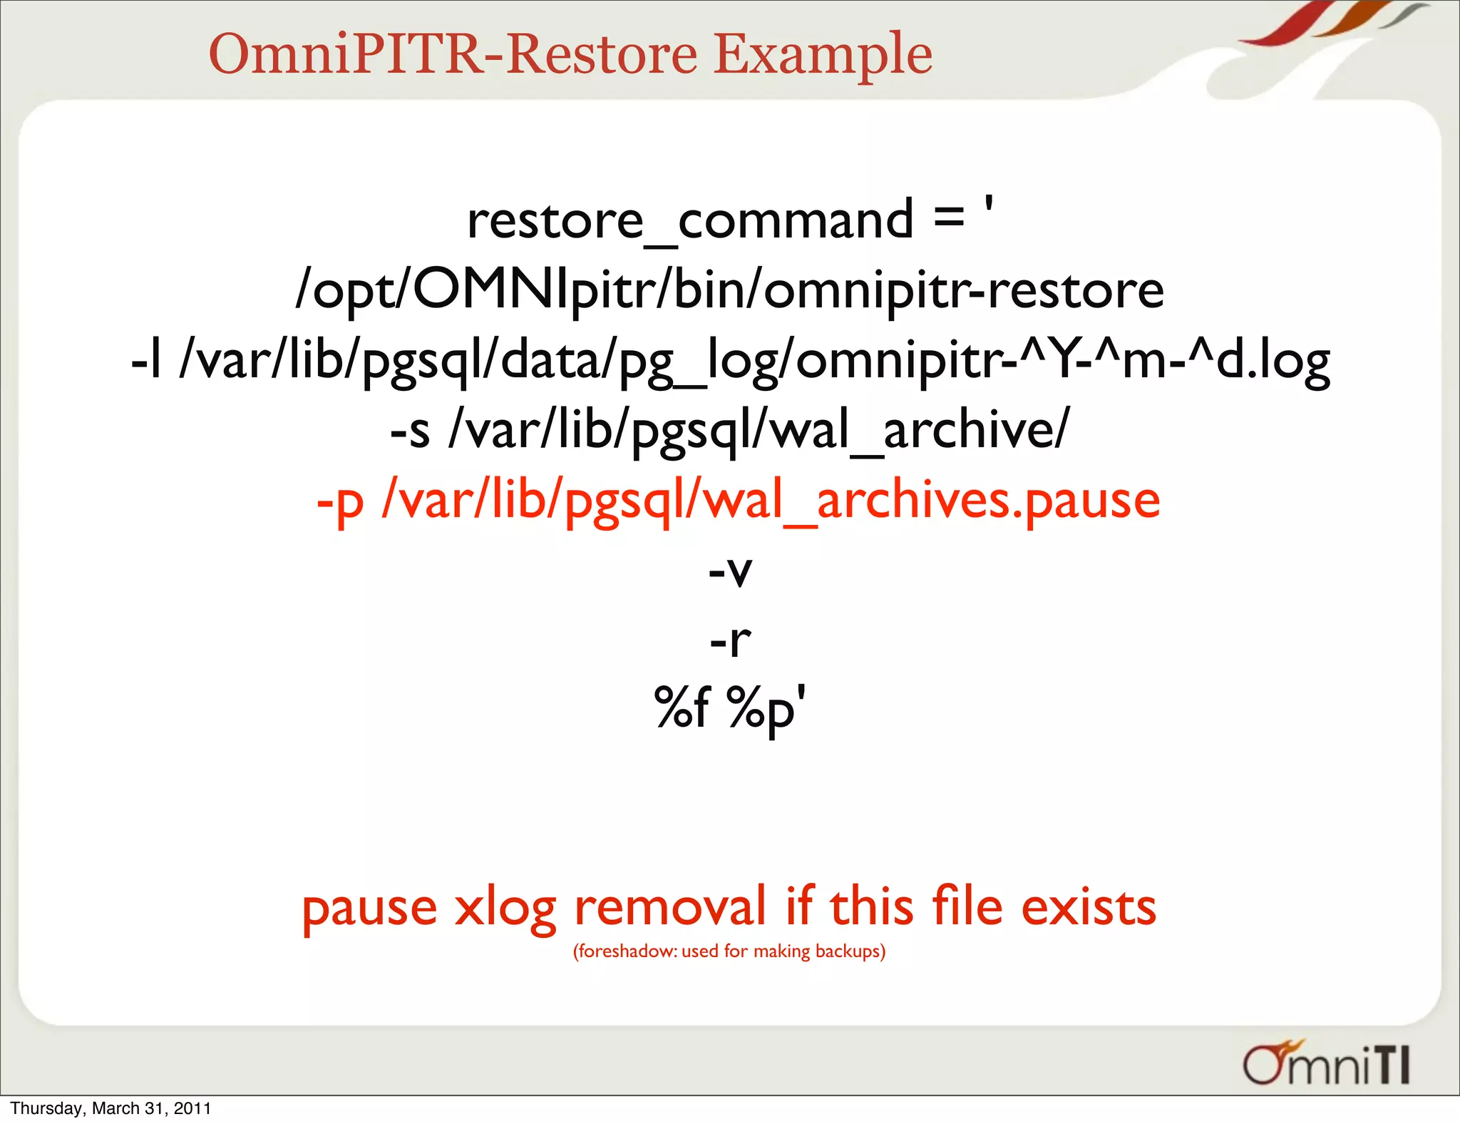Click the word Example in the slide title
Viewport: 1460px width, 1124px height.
(823, 55)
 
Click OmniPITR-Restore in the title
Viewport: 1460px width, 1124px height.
(453, 55)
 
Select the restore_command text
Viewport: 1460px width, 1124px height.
(689, 220)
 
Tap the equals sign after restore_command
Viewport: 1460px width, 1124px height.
(949, 218)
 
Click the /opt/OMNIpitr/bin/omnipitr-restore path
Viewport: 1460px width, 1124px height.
(729, 290)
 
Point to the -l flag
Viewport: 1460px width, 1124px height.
(147, 360)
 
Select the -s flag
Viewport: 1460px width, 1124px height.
(410, 430)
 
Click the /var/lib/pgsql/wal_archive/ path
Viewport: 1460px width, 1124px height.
(759, 430)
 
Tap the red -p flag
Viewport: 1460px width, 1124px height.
(340, 501)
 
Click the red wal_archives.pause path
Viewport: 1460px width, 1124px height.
(771, 501)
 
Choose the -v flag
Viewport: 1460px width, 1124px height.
(730, 570)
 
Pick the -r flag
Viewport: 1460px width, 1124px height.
(730, 640)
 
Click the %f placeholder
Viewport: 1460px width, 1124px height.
(682, 707)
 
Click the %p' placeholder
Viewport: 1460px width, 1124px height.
(766, 709)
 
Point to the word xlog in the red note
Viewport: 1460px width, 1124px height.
(505, 909)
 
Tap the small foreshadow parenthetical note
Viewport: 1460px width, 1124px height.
(729, 951)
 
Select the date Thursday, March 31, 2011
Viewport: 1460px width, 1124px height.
(110, 1108)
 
